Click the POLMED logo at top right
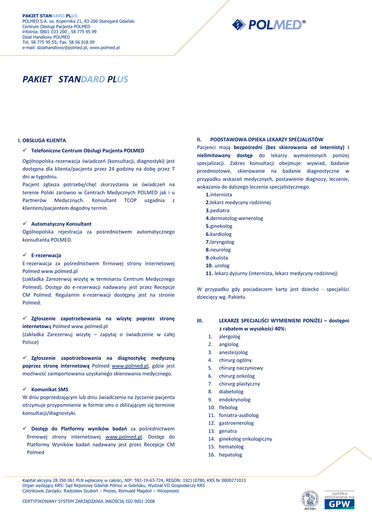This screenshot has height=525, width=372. pos(268,25)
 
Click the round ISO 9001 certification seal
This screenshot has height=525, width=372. pos(310,500)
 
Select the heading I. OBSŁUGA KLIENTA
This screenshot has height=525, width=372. pos(42,140)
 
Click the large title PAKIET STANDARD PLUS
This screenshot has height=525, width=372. pos(75,79)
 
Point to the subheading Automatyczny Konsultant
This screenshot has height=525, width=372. pos(61,224)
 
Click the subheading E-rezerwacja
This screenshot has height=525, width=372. pos(46,255)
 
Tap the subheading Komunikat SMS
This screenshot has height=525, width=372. pos(50,389)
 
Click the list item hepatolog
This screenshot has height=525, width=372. pos(230,455)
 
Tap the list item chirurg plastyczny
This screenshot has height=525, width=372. pos(239,383)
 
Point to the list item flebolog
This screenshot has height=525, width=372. pos(228,407)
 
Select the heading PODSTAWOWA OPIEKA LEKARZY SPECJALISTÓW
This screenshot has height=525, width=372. pos(267,139)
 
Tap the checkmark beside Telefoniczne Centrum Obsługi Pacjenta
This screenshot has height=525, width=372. pos(25,150)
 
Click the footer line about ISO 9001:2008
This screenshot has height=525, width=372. pos(89,501)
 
